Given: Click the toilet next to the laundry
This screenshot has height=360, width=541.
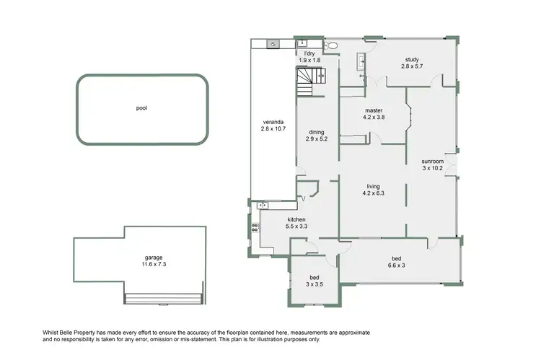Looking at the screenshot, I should click(x=330, y=45).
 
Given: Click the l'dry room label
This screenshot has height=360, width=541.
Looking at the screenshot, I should click(x=309, y=53).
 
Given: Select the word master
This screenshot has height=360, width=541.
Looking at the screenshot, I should click(x=373, y=110).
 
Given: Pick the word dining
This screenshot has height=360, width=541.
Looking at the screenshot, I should click(x=317, y=132).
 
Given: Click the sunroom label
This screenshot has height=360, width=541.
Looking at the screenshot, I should click(x=433, y=161).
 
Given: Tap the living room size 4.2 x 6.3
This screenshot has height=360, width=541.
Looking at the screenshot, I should click(x=373, y=193).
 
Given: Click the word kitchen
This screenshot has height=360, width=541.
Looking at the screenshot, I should click(x=297, y=219).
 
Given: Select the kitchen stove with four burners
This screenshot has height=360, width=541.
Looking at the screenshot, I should click(x=254, y=229).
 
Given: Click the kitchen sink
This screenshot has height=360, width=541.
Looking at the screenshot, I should click(x=263, y=206).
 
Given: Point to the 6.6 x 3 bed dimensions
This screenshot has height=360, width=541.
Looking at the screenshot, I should click(x=396, y=265).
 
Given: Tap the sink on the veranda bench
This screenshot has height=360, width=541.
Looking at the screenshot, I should click(x=273, y=44).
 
